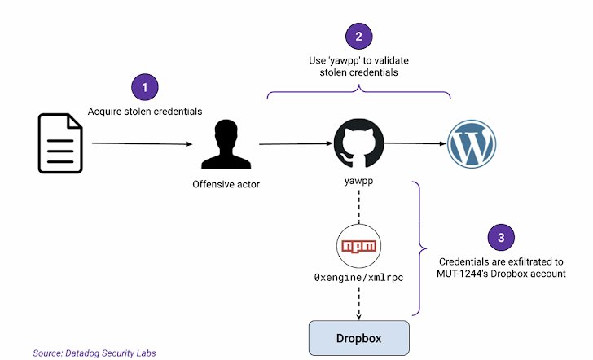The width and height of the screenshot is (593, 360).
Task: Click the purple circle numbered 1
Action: (145, 87)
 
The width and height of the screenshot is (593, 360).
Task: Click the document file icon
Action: (60, 143)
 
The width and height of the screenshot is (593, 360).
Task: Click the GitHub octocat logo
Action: (358, 143)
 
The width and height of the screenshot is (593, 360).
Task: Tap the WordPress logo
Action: (472, 143)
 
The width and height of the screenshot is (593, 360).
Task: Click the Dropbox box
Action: (358, 337)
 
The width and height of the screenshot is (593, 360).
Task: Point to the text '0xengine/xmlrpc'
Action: (358, 279)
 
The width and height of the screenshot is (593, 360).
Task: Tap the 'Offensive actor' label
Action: (225, 184)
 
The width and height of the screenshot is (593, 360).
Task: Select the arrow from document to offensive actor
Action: (142, 144)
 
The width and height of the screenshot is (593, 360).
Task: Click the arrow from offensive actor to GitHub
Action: (293, 144)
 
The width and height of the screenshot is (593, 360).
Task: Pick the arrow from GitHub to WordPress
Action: (415, 144)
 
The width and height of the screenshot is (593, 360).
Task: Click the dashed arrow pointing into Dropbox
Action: (358, 305)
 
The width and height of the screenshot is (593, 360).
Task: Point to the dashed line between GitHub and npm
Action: (358, 208)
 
